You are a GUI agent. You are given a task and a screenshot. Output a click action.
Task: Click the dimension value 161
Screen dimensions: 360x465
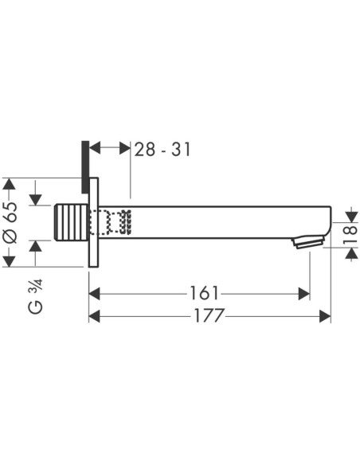tap(204, 293)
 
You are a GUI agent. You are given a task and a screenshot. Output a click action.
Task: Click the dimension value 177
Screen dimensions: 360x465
tap(209, 315)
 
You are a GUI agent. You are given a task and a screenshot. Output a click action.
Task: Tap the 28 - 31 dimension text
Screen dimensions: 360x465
tap(162, 149)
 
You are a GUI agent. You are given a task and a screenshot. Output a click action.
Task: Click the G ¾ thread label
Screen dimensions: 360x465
tap(36, 296)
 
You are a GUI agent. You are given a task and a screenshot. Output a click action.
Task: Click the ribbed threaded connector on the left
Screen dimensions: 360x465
tap(72, 222)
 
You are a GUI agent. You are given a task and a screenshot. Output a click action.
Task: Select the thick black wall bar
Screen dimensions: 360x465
tap(85, 167)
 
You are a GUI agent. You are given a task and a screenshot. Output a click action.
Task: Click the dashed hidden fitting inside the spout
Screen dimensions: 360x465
tap(111, 222)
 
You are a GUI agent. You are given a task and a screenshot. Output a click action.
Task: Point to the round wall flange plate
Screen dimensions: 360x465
tap(93, 222)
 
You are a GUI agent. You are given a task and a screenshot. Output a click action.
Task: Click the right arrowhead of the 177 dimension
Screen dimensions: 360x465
tap(325, 316)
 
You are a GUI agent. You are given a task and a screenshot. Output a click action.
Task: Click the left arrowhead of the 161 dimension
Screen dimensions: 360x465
tap(95, 294)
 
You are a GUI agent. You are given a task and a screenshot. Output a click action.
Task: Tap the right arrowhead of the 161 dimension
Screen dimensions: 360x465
tap(304, 294)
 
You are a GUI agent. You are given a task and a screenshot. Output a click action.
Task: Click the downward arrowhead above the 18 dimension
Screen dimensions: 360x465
tap(352, 217)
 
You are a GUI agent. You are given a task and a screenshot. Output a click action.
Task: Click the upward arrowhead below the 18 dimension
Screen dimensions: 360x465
tap(352, 253)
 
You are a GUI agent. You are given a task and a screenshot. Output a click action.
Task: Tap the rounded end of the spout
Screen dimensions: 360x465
tap(327, 222)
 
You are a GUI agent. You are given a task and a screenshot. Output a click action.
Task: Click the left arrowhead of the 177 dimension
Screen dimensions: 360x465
tap(95, 316)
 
